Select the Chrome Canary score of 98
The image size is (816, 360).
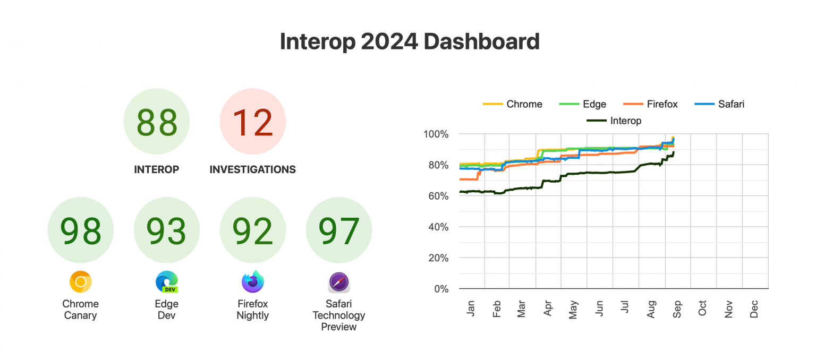(81, 231)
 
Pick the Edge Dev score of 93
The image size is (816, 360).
(167, 231)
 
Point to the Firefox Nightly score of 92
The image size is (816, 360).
(253, 231)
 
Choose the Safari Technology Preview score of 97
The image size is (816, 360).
(339, 231)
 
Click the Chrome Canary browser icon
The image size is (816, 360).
(81, 282)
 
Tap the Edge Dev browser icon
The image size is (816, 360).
(167, 282)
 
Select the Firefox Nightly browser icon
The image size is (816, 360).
(253, 282)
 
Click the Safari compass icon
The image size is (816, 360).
(339, 282)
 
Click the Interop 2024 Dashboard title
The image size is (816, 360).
(410, 42)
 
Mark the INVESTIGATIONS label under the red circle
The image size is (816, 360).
(253, 170)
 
